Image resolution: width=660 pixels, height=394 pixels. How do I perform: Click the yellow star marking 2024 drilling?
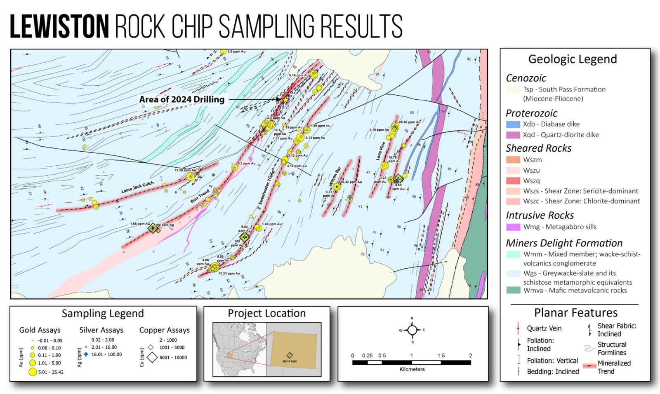(285, 100)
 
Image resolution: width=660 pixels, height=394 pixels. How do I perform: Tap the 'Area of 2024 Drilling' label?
(181, 99)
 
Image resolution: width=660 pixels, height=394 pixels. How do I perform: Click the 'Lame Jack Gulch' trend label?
(137, 188)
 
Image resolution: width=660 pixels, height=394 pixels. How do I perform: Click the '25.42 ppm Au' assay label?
(410, 122)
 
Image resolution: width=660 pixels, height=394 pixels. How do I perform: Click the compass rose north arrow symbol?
(412, 330)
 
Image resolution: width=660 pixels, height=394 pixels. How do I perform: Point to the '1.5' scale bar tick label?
(441, 356)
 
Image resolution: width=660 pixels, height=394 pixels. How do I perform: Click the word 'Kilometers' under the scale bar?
(412, 369)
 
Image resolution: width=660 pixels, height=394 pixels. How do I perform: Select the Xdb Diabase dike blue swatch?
(513, 124)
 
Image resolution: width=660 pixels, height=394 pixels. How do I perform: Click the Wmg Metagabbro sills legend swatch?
(513, 227)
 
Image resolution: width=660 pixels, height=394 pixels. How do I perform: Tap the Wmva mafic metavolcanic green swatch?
(513, 290)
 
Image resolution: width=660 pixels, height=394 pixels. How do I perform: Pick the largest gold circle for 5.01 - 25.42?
(32, 372)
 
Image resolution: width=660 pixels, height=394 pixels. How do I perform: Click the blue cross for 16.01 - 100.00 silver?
(86, 354)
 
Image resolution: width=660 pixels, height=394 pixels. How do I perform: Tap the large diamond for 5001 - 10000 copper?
(151, 358)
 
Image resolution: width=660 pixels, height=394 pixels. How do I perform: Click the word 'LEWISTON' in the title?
(59, 26)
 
